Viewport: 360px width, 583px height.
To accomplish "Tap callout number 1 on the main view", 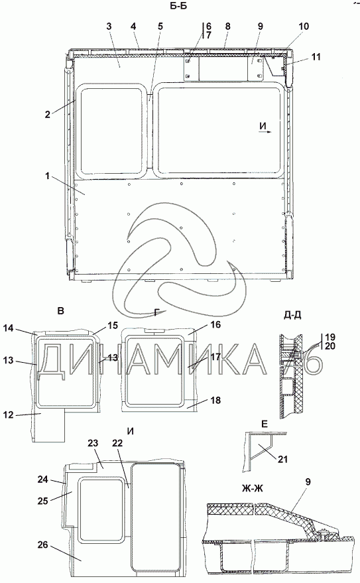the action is pos(48,176).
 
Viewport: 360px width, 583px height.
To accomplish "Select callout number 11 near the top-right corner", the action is pos(316,56).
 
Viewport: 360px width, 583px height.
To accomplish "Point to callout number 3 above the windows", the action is pos(109,26).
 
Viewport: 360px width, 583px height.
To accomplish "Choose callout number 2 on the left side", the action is pos(48,114).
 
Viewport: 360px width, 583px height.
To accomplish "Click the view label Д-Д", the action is pos(292,315).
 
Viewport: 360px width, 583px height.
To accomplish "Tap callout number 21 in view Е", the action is pos(282,459).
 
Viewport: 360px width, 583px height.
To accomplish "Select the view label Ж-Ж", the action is pos(252,488).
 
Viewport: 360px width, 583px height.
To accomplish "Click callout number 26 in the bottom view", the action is pos(43,545).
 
